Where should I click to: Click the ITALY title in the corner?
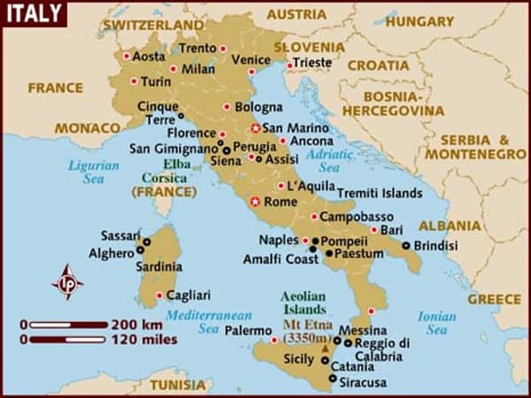[33, 13]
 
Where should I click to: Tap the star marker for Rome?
[257, 202]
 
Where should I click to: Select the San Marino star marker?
[257, 127]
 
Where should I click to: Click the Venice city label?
[250, 59]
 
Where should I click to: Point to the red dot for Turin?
[134, 80]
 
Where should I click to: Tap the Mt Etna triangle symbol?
[327, 351]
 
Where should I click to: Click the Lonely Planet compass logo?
[68, 282]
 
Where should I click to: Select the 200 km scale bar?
[66, 325]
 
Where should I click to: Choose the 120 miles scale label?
[144, 339]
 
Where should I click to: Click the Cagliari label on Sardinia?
[189, 295]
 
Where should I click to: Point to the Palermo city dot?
[272, 340]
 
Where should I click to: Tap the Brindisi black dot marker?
[406, 245]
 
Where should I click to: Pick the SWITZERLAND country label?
[153, 25]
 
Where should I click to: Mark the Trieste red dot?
[289, 64]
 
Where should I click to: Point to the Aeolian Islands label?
[304, 303]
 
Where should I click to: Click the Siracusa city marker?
[332, 379]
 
